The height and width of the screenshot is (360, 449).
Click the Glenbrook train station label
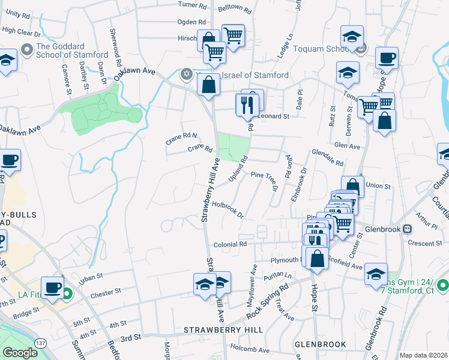(382, 229)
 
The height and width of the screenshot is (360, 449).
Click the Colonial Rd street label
(231, 244)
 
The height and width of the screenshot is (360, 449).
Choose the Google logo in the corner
(20, 353)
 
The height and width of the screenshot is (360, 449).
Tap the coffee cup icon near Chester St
(52, 287)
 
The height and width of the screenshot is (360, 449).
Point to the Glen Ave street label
(347, 145)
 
